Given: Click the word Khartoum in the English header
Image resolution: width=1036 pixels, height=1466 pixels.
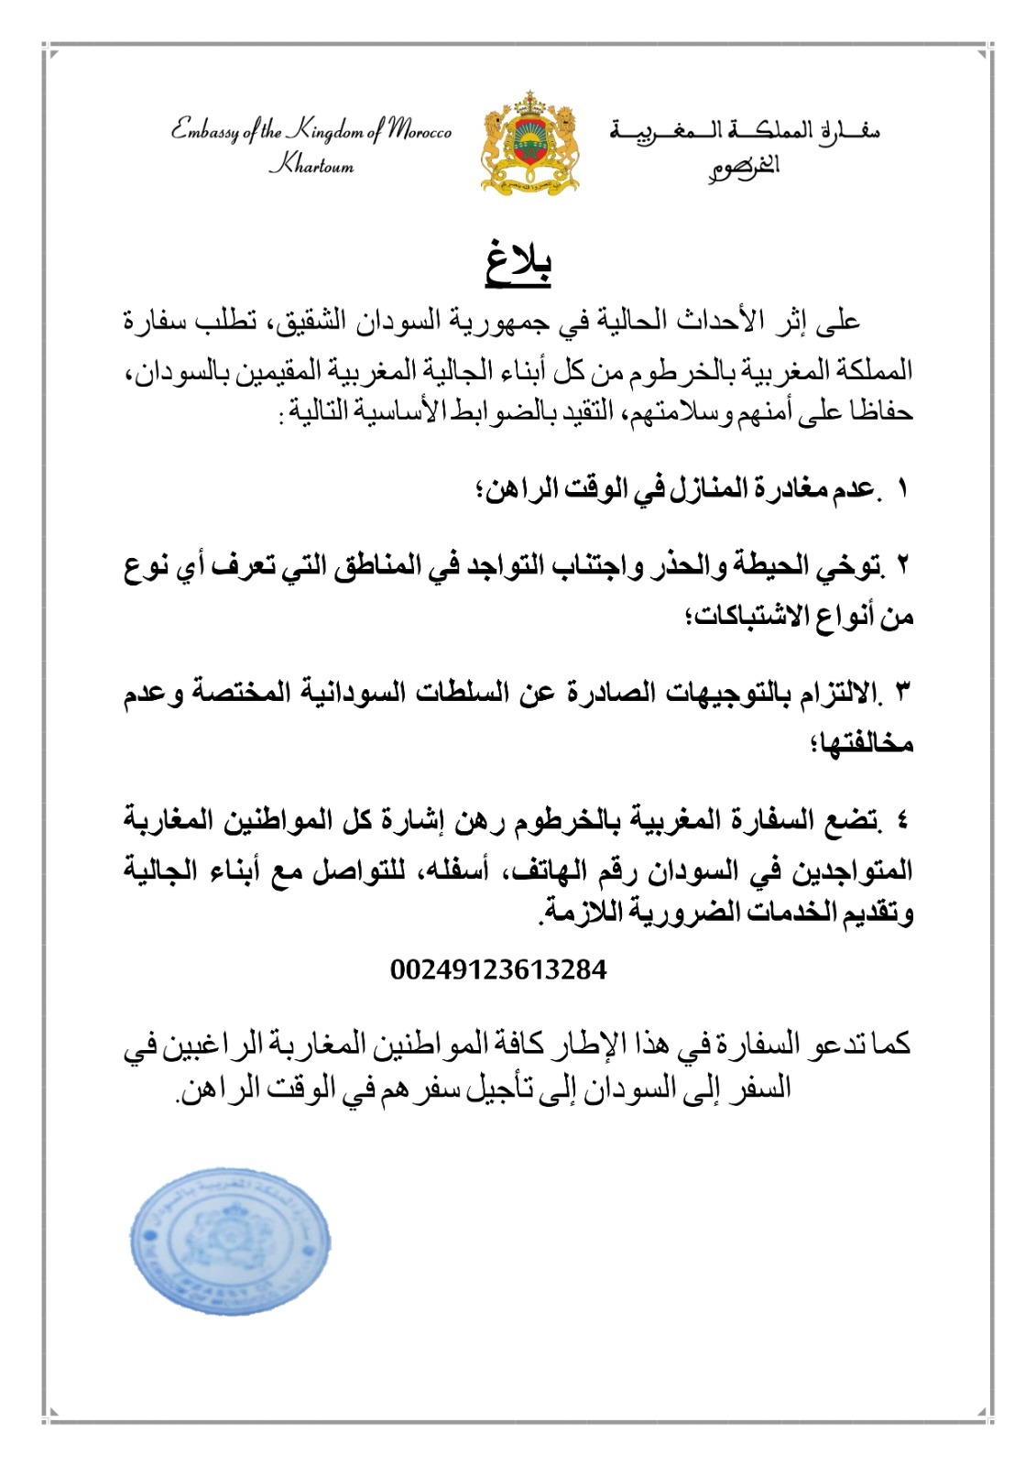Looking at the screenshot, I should click(x=311, y=167).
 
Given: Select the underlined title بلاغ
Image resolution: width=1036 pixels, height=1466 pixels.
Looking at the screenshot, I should click(x=518, y=260).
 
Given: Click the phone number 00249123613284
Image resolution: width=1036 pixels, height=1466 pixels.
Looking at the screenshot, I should click(x=498, y=969).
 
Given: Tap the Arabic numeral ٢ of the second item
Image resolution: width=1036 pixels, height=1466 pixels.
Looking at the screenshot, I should click(x=902, y=565).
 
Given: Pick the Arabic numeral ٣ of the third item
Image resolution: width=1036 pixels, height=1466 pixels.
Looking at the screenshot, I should click(x=902, y=693).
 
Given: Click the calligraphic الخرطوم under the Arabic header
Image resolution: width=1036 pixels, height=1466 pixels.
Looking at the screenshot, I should click(x=744, y=166).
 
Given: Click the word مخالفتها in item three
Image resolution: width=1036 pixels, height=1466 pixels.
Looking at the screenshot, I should click(x=862, y=743).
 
